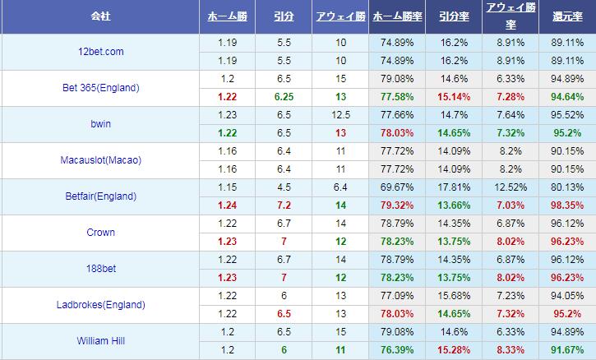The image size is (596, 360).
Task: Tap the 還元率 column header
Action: click(x=567, y=16)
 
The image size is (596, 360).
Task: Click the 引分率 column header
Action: click(x=455, y=16)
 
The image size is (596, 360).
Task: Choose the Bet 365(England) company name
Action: click(x=101, y=88)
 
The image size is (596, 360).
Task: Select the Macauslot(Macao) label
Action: click(x=101, y=160)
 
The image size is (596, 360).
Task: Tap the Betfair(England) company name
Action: click(x=99, y=196)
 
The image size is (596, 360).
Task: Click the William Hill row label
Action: click(x=99, y=339)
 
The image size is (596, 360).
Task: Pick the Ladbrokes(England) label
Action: click(x=101, y=304)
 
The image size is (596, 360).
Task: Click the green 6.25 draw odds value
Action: click(x=284, y=96)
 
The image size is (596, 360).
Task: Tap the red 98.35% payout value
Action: click(x=567, y=204)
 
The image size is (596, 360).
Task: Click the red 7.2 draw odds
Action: click(x=284, y=204)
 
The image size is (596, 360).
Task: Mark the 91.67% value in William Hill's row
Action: click(x=567, y=349)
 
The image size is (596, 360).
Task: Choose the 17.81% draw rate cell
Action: click(x=455, y=187)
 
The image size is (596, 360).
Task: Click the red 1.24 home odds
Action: click(x=229, y=204)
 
